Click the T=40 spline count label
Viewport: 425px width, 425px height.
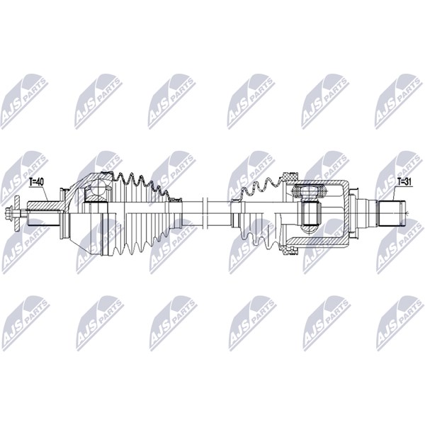pos(36,183)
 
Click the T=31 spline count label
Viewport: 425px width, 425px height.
pos(404,183)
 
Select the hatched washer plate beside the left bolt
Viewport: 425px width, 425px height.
pos(17,214)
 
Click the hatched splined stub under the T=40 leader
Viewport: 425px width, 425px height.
pos(44,205)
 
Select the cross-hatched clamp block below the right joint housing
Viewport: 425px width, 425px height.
pos(290,250)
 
